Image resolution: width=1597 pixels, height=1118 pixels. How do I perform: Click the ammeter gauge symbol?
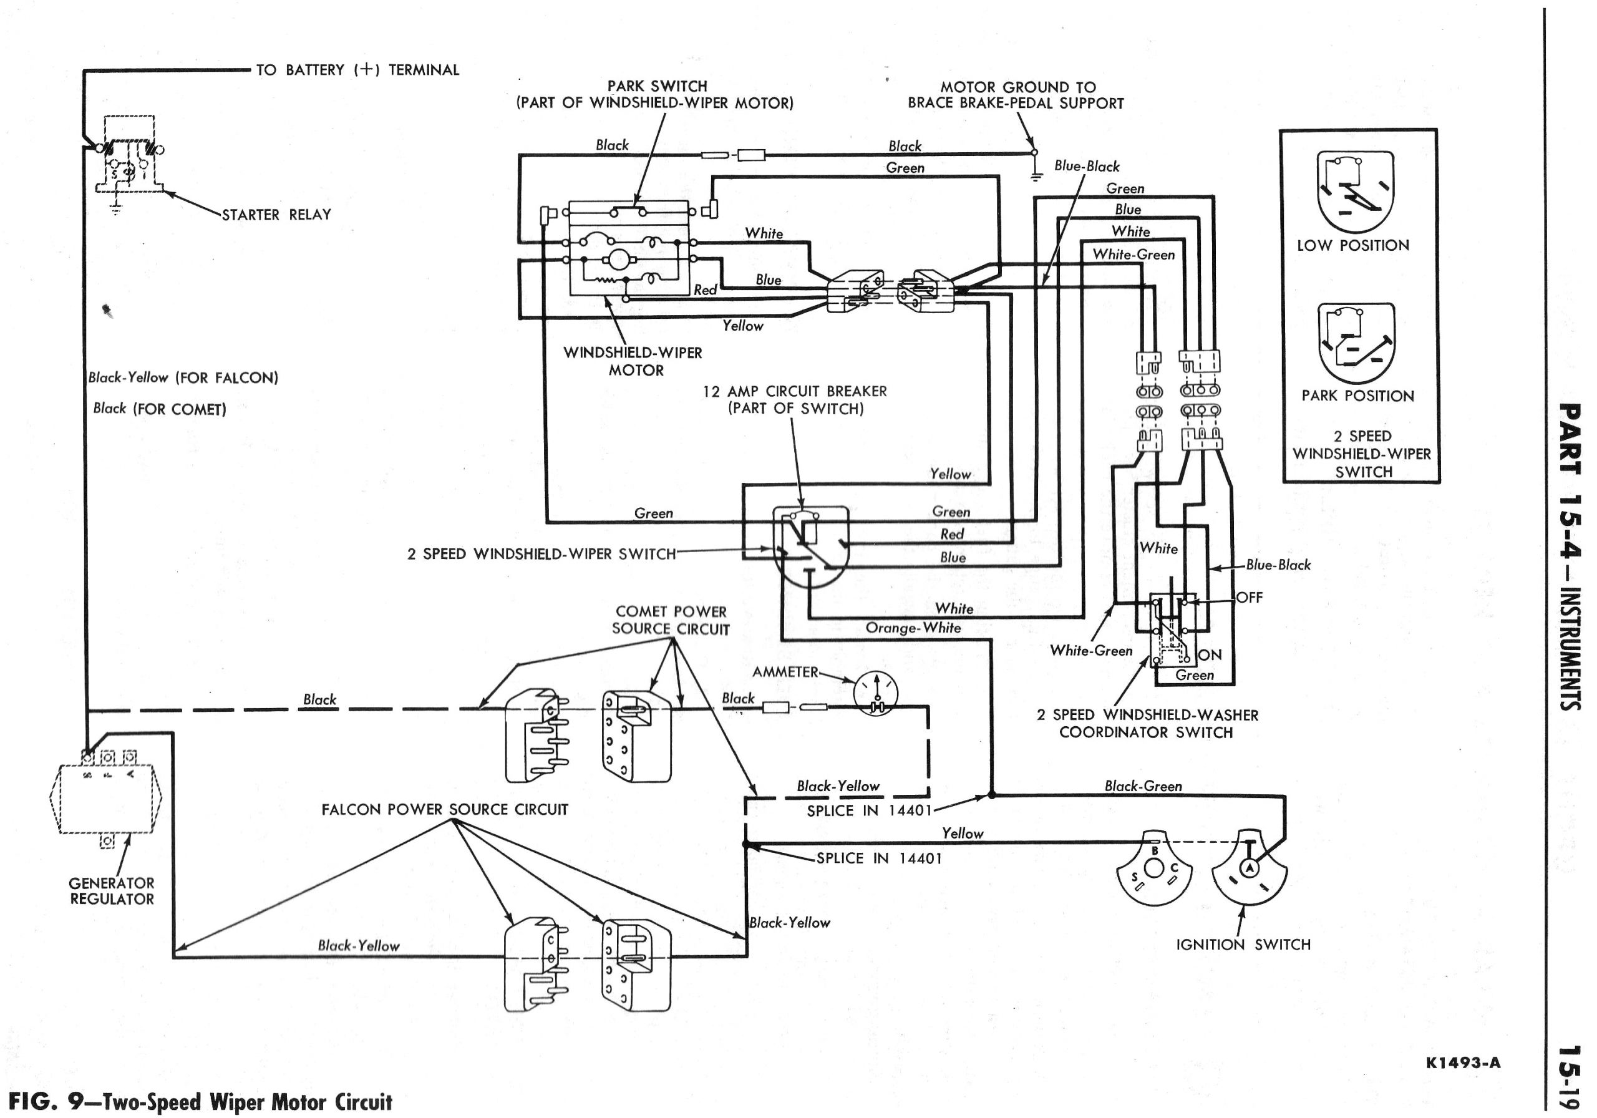click(x=876, y=693)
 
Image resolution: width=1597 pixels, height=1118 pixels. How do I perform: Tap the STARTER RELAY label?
click(x=276, y=215)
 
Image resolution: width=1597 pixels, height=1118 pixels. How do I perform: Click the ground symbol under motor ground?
click(x=1036, y=175)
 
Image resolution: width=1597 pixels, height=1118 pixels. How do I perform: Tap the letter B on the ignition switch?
click(x=1155, y=850)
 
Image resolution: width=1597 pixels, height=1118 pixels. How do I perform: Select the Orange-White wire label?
click(x=913, y=628)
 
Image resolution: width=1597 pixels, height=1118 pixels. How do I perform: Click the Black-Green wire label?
click(x=1143, y=786)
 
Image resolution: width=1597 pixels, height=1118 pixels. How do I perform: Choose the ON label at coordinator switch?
click(x=1210, y=654)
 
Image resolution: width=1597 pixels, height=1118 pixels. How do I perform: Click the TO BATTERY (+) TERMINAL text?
click(x=357, y=70)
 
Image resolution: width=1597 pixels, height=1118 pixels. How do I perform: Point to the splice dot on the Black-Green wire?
click(x=992, y=794)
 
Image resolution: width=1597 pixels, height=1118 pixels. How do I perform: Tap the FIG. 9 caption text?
click(x=200, y=1102)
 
